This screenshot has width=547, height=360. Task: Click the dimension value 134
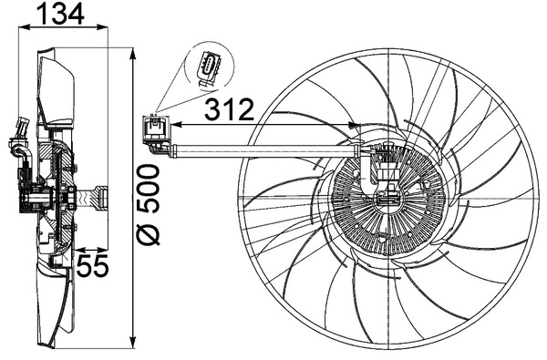[x=61, y=14]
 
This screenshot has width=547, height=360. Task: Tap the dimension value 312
[x=229, y=109]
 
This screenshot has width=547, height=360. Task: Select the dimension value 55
[x=92, y=265]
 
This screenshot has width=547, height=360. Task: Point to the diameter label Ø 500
[x=148, y=205]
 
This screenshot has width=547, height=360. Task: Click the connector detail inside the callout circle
[x=209, y=69]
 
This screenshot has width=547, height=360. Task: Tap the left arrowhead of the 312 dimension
[x=177, y=124]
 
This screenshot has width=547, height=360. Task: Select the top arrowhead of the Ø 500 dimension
[x=132, y=54]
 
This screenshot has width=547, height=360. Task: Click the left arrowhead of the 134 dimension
[x=24, y=26]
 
